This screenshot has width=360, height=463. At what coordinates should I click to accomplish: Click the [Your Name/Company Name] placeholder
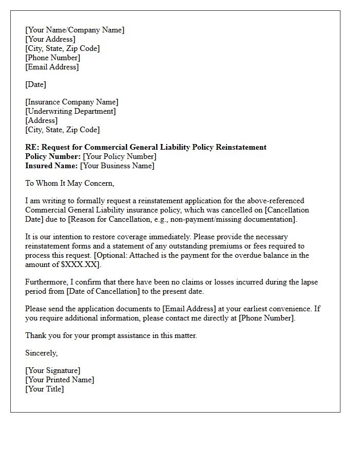75,30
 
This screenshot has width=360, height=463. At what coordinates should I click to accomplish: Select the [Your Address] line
50,39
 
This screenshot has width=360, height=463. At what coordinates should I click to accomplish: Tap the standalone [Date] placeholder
35,84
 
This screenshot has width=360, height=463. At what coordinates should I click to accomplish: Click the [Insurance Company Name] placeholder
71,102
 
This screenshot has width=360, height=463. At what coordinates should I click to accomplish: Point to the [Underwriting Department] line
70,111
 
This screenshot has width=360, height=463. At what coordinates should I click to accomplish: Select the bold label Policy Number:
53,156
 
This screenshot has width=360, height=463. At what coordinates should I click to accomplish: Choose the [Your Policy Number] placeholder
120,156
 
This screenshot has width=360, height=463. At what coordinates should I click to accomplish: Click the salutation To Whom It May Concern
69,183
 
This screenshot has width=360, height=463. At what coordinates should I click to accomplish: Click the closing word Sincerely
41,353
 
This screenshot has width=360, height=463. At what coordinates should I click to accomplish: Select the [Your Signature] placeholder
52,370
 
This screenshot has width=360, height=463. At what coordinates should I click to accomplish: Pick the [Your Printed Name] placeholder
60,380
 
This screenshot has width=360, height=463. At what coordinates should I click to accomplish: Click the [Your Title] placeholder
44,389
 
